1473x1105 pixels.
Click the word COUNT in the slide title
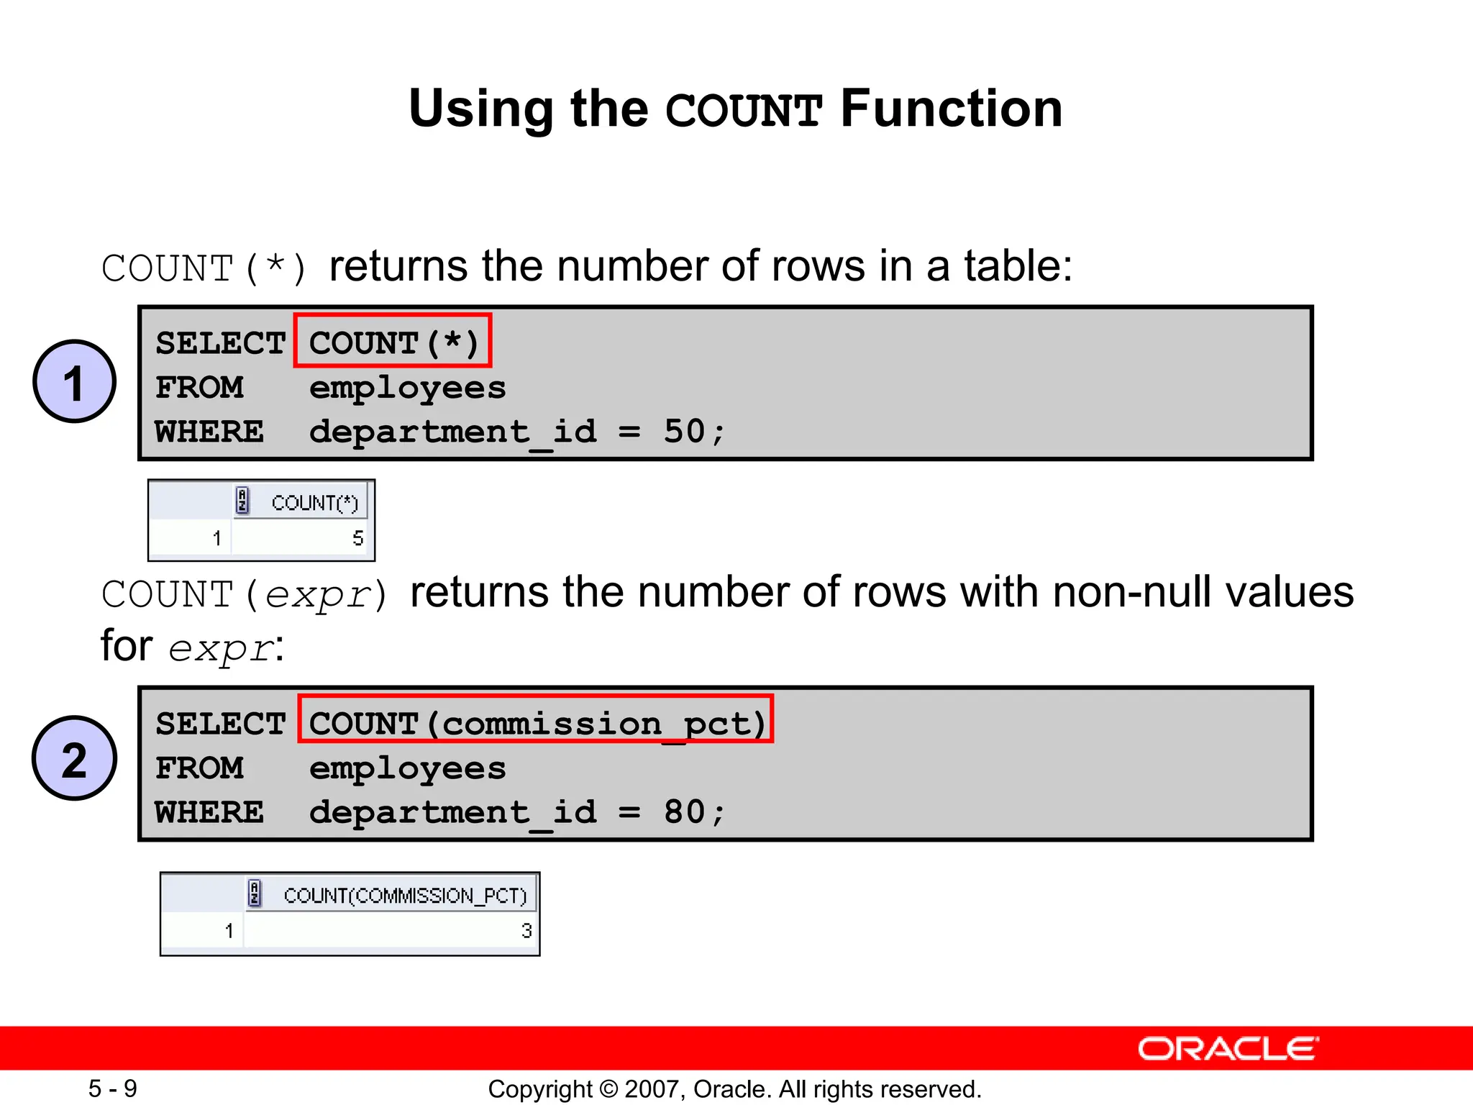point(744,110)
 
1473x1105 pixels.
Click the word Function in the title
point(951,109)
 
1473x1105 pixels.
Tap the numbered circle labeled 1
point(74,381)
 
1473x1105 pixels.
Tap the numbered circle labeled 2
point(74,758)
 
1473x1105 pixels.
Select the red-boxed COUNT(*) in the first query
point(393,341)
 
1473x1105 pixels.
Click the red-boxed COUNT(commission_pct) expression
point(536,719)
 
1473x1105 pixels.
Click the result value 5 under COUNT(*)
point(357,538)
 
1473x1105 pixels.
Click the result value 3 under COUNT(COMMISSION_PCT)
point(526,931)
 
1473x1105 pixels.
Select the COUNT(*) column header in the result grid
point(314,502)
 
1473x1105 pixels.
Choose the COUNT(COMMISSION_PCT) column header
point(405,895)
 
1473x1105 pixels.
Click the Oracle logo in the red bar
point(1228,1049)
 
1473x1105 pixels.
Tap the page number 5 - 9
point(113,1088)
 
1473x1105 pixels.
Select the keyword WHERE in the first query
point(209,432)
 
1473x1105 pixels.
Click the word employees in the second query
point(407,768)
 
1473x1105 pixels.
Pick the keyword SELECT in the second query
point(220,724)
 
